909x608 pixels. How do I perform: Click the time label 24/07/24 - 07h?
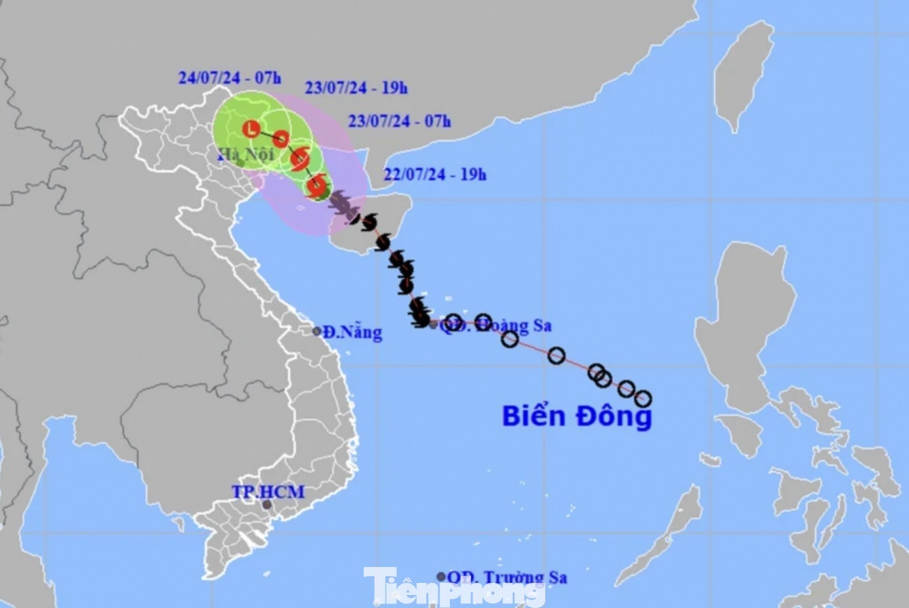pyautogui.click(x=220, y=77)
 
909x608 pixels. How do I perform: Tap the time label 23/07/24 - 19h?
pyautogui.click(x=356, y=88)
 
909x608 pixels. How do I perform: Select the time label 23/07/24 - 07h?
pyautogui.click(x=399, y=121)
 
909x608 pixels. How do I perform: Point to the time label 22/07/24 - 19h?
pyautogui.click(x=435, y=175)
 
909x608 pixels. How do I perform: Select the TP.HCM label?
pyautogui.click(x=269, y=492)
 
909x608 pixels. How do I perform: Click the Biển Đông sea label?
pyautogui.click(x=576, y=416)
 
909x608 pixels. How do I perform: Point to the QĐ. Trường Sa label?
pyautogui.click(x=508, y=578)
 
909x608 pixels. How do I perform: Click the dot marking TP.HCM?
pyautogui.click(x=267, y=505)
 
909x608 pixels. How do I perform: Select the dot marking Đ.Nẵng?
pyautogui.click(x=317, y=331)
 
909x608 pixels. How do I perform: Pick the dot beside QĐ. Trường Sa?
pyautogui.click(x=441, y=577)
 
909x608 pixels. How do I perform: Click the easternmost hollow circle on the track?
pyautogui.click(x=643, y=399)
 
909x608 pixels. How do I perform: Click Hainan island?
pyautogui.click(x=371, y=220)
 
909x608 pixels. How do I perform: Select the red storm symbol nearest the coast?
pyautogui.click(x=317, y=186)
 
